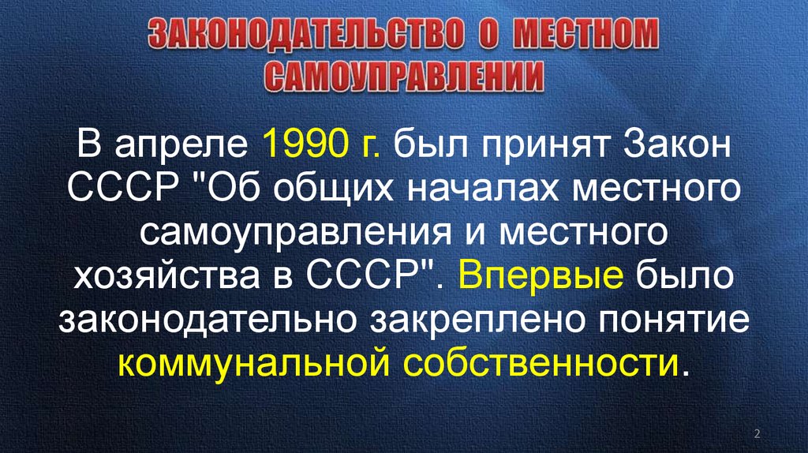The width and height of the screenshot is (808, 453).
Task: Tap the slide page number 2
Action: (757, 433)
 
